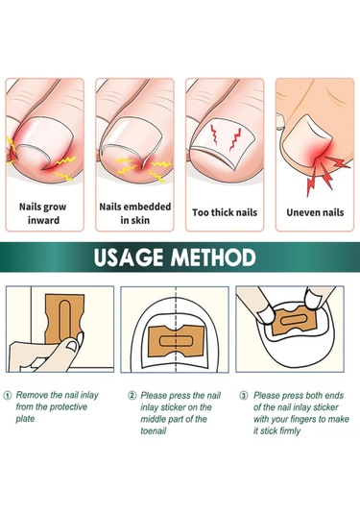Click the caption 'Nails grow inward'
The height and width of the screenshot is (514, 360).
[43, 213]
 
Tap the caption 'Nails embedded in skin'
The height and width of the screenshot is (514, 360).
[135, 213]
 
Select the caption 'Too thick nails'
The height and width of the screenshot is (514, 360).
[225, 212]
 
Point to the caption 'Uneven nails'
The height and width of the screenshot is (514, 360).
[315, 212]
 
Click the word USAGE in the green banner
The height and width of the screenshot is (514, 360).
[128, 257]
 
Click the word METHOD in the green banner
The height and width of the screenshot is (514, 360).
[213, 257]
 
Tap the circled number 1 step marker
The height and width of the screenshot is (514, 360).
[8, 395]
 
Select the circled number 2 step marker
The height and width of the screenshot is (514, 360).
[132, 395]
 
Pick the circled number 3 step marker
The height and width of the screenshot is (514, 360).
[244, 395]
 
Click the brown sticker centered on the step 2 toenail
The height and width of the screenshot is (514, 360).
[177, 341]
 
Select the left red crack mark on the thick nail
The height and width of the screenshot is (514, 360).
[214, 135]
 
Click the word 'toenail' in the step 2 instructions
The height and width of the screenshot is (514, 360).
[154, 430]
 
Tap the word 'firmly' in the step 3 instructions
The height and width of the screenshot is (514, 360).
[289, 430]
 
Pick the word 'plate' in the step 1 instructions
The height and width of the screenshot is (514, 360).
[25, 419]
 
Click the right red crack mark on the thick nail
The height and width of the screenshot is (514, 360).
[235, 139]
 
